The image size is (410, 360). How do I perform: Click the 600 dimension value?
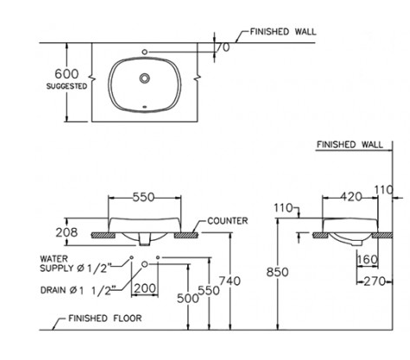pyautogui.click(x=66, y=74)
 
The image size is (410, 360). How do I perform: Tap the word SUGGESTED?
pyautogui.click(x=66, y=86)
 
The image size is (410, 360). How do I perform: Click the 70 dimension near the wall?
pyautogui.click(x=223, y=47)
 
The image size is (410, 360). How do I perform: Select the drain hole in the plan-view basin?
pyautogui.click(x=145, y=78)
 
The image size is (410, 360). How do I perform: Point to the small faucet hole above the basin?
pyautogui.click(x=145, y=52)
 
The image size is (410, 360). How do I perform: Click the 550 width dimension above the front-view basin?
pyautogui.click(x=143, y=197)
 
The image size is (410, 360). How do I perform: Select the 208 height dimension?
pyautogui.click(x=66, y=232)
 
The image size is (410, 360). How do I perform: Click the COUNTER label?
pyautogui.click(x=228, y=221)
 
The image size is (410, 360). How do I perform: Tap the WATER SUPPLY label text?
pyautogui.click(x=75, y=263)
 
